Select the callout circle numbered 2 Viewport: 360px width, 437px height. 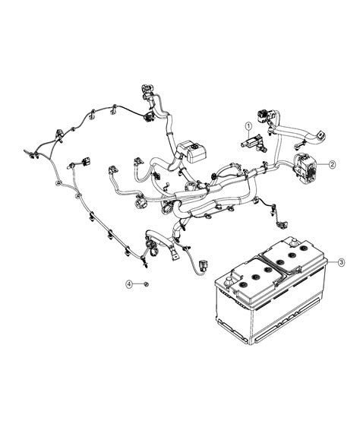(332, 164)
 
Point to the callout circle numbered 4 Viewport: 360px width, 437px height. (130, 283)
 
